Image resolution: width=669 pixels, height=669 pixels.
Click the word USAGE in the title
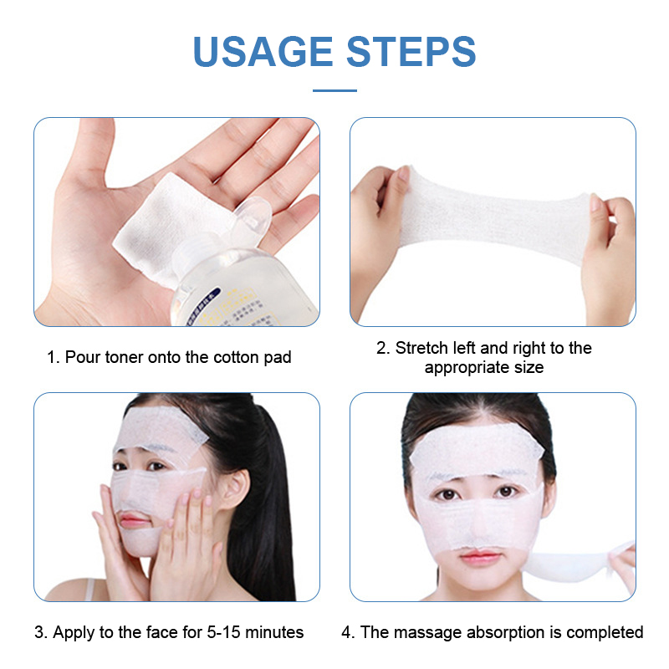pos(263,51)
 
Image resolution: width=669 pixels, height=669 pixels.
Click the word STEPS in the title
pos(411,51)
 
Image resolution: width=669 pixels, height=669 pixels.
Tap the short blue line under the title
pos(334,90)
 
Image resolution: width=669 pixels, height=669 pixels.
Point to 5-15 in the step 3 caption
pos(224,632)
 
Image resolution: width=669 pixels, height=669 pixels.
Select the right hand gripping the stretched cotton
pos(610,252)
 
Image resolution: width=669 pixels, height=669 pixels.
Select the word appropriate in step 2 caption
pos(464,368)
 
